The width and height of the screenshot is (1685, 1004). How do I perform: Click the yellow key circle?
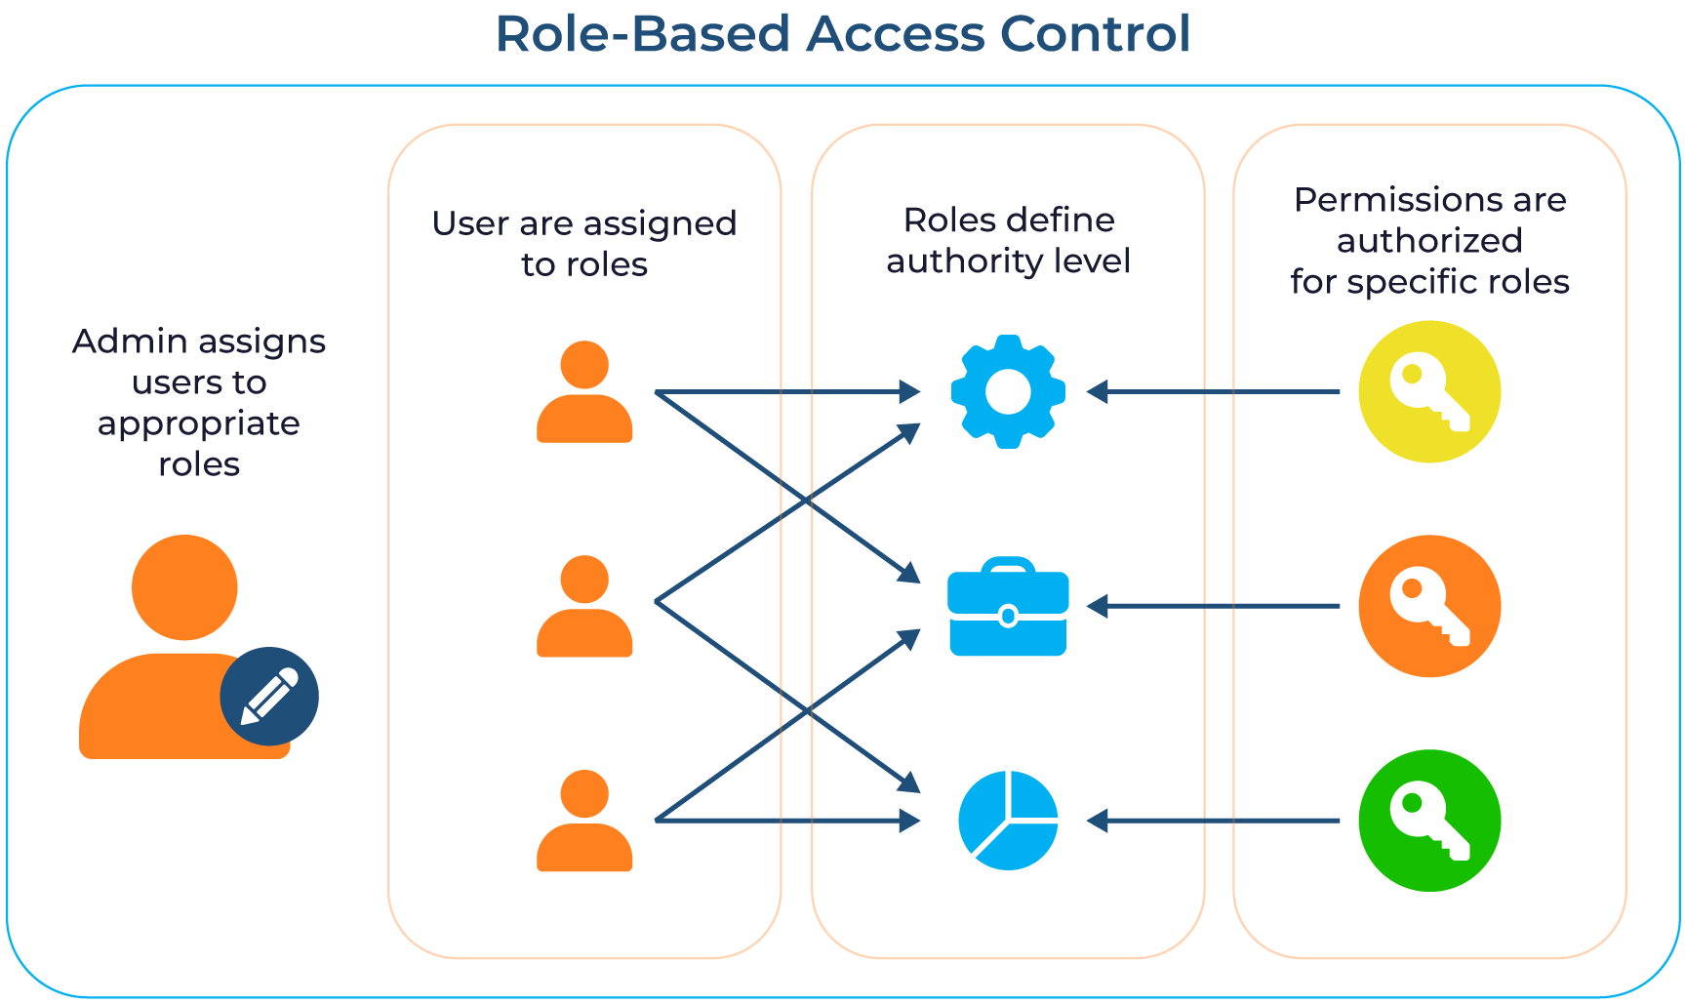[x=1429, y=391]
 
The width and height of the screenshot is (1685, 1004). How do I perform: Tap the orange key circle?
[x=1429, y=606]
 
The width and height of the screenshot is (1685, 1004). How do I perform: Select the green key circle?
[x=1429, y=821]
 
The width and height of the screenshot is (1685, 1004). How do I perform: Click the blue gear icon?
[x=1008, y=391]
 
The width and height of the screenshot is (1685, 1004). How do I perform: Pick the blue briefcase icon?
[x=1008, y=608]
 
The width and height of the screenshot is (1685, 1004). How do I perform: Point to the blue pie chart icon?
[x=1008, y=821]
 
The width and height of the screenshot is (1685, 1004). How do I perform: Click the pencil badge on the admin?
[x=269, y=696]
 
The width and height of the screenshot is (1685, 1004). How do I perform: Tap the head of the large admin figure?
[x=184, y=587]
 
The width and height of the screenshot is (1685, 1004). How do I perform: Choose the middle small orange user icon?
[x=584, y=606]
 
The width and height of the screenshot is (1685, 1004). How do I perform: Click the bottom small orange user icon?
[x=584, y=821]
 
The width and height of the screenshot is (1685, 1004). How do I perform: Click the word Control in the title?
[x=1094, y=34]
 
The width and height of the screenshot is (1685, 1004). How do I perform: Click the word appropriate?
[x=199, y=423]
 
